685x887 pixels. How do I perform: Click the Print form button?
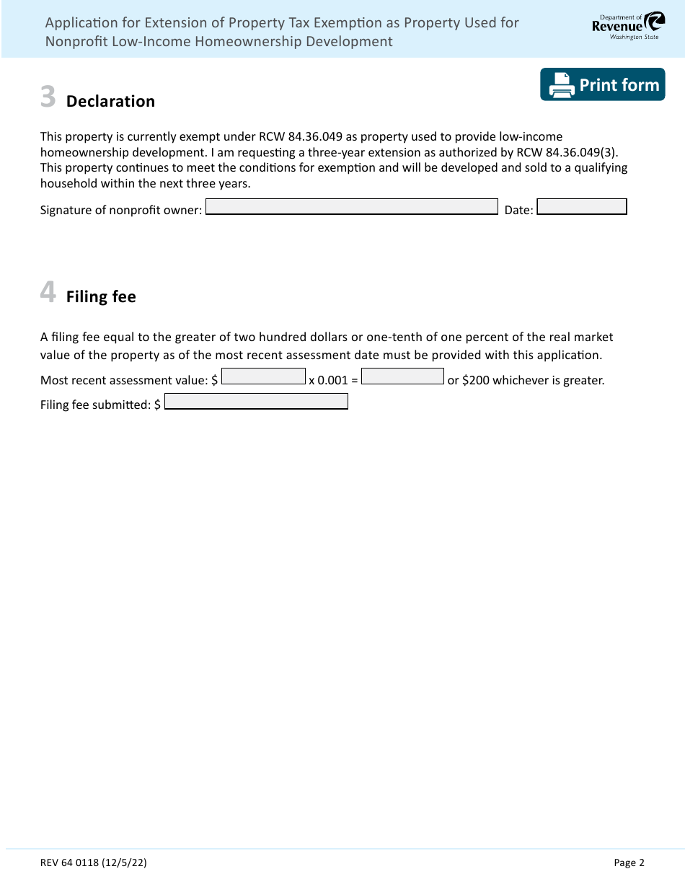602,84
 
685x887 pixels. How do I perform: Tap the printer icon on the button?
562,85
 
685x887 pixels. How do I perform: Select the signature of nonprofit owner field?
352,207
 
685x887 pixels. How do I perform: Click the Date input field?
582,207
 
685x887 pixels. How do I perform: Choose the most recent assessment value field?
264,376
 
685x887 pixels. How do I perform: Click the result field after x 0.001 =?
402,376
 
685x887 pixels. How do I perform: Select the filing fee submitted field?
256,402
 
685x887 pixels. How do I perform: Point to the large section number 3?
48,97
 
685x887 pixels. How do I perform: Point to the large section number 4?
48,293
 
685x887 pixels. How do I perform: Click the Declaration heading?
110,102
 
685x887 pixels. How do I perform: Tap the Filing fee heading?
101,297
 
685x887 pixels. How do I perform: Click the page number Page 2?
629,862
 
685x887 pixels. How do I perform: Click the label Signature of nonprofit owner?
121,211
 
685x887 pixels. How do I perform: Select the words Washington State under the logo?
634,37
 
